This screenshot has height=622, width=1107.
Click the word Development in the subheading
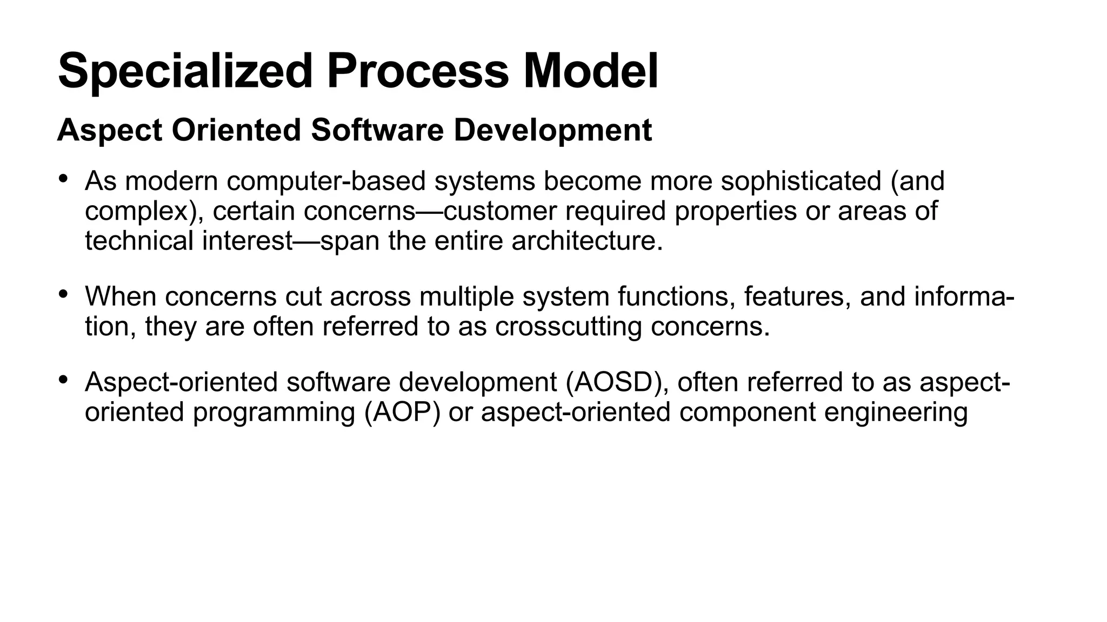pos(552,130)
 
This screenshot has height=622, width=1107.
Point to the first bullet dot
pos(63,178)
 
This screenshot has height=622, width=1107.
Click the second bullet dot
pos(63,294)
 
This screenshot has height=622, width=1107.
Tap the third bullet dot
pos(63,380)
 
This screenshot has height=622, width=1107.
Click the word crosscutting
pos(568,326)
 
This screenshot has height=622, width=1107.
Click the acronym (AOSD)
pos(617,382)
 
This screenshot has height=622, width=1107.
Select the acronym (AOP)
pos(402,412)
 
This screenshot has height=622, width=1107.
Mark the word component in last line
pos(747,412)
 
